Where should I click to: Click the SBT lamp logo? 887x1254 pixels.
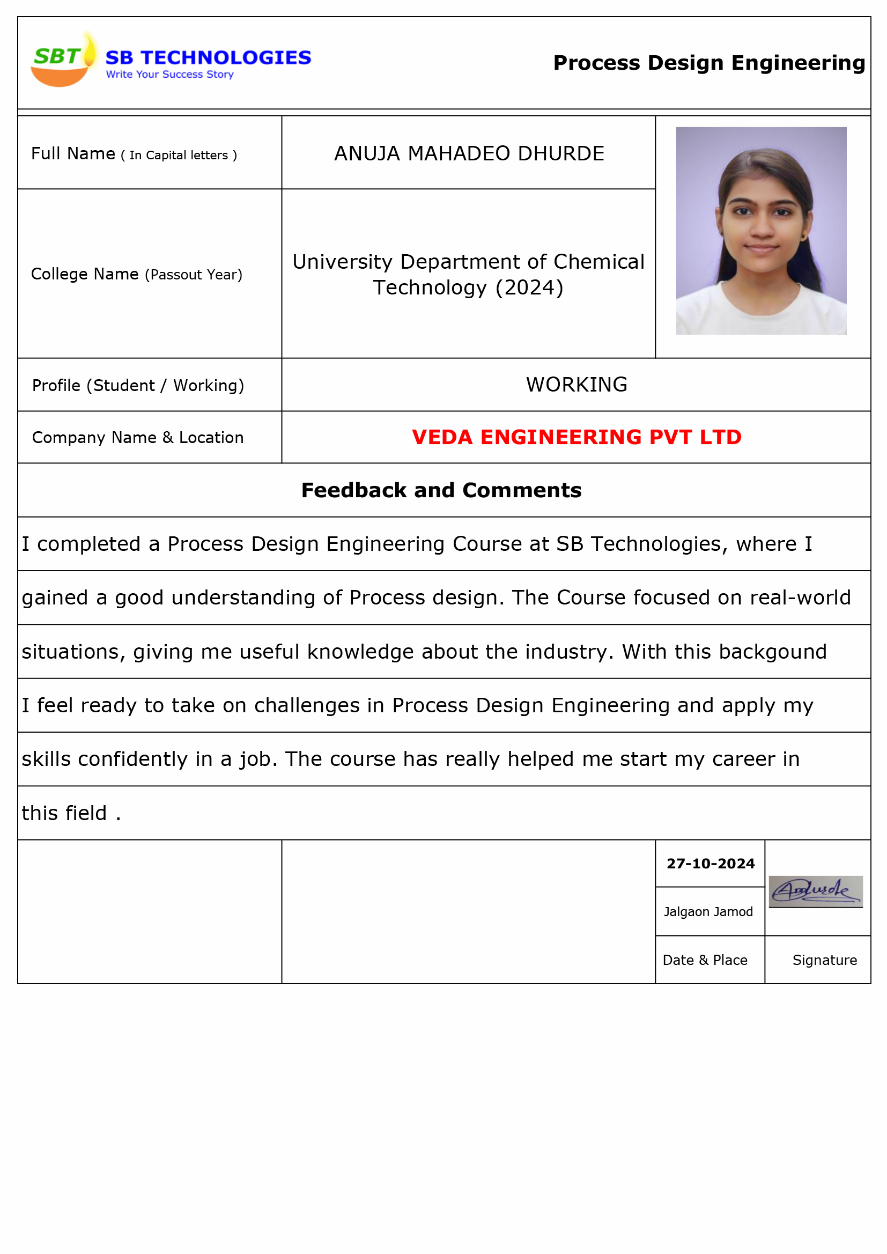[63, 60]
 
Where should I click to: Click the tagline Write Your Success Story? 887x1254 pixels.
[169, 74]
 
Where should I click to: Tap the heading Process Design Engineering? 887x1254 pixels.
[708, 63]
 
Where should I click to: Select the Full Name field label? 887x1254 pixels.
[134, 154]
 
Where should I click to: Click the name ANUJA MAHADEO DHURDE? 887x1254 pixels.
[469, 153]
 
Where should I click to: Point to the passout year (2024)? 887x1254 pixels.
[529, 288]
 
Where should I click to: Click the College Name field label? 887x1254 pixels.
[136, 274]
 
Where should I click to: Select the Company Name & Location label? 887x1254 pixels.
[138, 438]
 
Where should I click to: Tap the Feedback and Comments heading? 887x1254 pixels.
[441, 490]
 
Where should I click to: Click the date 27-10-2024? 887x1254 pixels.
[710, 864]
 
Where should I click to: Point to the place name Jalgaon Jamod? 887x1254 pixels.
[708, 912]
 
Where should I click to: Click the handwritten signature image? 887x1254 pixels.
[815, 891]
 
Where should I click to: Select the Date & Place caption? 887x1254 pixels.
[705, 960]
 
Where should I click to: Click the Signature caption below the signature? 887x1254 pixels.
[824, 960]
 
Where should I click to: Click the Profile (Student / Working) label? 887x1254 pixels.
[138, 386]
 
